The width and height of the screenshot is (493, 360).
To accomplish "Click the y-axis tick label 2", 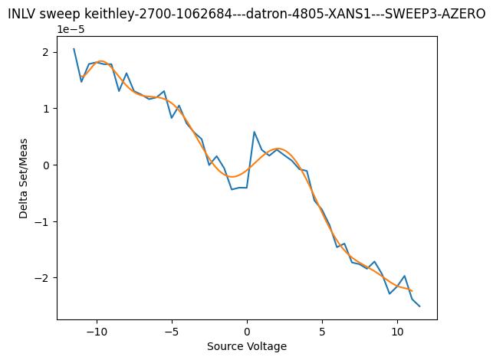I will (45, 52).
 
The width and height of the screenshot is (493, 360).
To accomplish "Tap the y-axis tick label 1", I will (45, 109).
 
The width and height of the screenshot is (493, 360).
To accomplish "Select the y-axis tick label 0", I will (45, 165).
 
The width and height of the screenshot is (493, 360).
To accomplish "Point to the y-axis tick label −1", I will (42, 222).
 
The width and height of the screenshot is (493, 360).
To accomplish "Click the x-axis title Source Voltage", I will (247, 346).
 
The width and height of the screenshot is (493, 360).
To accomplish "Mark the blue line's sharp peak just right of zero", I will (254, 132).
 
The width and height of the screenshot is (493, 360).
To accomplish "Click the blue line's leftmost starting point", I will (74, 49).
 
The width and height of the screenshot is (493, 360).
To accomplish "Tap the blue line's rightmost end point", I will (419, 306).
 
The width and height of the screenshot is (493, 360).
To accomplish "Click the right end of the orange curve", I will (412, 291).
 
